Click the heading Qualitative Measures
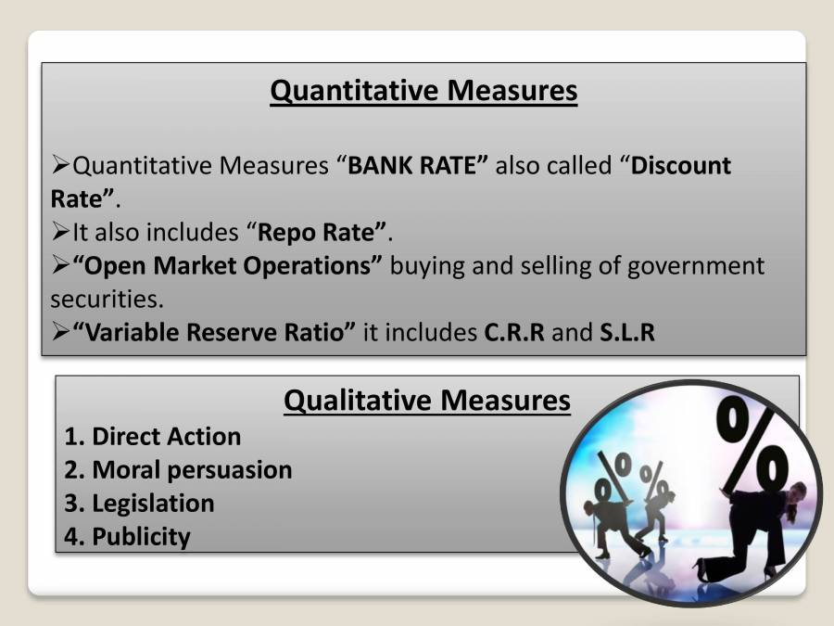(x=426, y=401)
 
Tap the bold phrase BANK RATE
(x=418, y=166)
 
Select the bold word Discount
(x=681, y=166)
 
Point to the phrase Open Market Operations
(x=227, y=266)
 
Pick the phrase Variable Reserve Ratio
(x=214, y=333)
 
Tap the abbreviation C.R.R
(x=514, y=333)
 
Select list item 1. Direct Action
(x=153, y=437)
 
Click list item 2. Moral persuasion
(x=178, y=470)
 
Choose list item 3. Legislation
(x=139, y=504)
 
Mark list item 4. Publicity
(x=127, y=537)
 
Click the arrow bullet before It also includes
(x=60, y=233)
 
